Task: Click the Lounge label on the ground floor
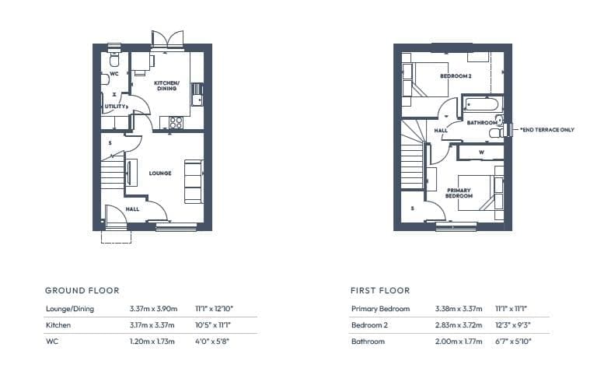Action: click(160, 173)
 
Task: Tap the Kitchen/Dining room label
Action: click(166, 86)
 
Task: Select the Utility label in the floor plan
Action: click(115, 107)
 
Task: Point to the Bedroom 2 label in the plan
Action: click(456, 76)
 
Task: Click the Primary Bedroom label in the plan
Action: click(459, 193)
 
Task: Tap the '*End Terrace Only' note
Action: click(546, 130)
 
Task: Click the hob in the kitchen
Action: click(176, 122)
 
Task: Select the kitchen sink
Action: click(197, 94)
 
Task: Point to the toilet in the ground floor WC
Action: click(114, 59)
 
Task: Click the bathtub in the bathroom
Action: click(483, 103)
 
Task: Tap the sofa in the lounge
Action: click(194, 181)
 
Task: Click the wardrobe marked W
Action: click(481, 152)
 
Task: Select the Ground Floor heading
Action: click(82, 291)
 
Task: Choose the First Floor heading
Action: click(380, 291)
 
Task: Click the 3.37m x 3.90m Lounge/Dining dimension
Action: click(153, 309)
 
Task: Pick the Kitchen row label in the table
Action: click(58, 325)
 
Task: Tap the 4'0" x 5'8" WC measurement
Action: click(212, 342)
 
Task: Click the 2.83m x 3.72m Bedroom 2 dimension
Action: click(459, 325)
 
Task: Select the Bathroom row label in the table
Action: click(368, 342)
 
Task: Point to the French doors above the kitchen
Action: click(168, 40)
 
